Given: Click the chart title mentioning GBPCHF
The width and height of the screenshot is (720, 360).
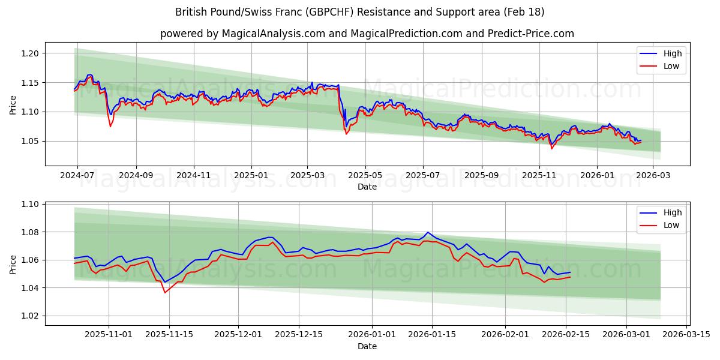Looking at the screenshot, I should tap(360, 12).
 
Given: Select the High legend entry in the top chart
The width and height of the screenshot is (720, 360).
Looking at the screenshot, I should tap(672, 53).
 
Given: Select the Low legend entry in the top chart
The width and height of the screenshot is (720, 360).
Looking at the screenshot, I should tap(671, 66).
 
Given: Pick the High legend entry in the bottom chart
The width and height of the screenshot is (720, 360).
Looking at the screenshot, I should tap(672, 212).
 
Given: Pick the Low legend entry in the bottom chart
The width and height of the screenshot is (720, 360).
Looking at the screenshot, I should tap(671, 225).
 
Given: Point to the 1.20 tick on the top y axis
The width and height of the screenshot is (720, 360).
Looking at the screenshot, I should tap(30, 53).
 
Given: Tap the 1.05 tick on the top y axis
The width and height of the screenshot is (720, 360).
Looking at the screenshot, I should tap(30, 141).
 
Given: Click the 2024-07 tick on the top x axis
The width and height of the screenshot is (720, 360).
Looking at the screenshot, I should tap(77, 176).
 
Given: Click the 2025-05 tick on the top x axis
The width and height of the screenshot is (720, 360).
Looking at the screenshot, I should tap(365, 176).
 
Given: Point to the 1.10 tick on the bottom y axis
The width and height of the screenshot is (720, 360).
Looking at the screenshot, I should tap(30, 204).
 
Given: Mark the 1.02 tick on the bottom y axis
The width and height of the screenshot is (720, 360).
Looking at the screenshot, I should tap(30, 316).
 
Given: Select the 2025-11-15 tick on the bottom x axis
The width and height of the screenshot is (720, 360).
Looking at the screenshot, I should tap(169, 335).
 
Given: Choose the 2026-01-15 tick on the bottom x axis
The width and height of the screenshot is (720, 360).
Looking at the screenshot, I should tap(431, 335).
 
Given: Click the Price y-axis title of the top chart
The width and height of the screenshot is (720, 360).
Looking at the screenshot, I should tap(13, 104).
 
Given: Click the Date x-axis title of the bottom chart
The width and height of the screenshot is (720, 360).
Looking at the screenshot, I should tap(367, 346).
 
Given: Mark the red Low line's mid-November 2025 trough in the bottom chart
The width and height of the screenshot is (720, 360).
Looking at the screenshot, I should tap(164, 292).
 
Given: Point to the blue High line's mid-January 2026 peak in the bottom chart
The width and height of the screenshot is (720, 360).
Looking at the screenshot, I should tap(427, 232).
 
